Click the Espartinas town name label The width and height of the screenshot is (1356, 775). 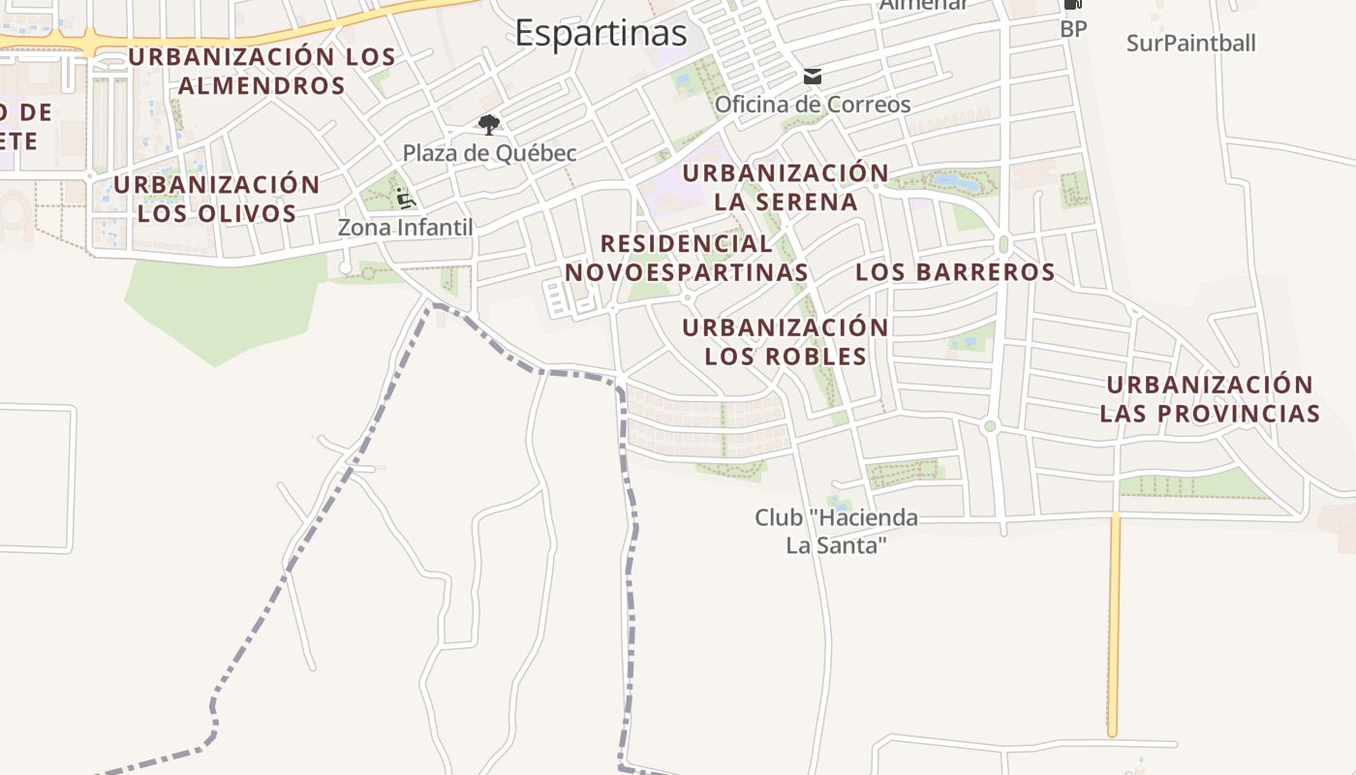click(601, 33)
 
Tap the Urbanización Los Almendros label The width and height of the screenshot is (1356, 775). click(262, 71)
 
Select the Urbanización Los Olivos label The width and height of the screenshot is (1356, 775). click(217, 199)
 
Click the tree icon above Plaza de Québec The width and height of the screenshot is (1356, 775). click(489, 124)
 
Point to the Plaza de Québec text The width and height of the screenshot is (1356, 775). click(489, 153)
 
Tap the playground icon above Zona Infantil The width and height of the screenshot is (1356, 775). click(405, 199)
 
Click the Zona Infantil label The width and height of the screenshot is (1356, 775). click(405, 228)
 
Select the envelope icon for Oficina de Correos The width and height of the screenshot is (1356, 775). click(812, 76)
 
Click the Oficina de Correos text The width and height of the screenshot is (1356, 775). click(813, 104)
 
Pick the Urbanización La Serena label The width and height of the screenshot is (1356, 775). click(786, 187)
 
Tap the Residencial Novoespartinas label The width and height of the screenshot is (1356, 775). click(687, 258)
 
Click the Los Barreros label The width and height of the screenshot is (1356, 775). click(955, 272)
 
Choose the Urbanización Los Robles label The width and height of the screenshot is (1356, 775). click(786, 342)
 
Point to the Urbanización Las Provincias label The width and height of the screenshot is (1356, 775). click(1210, 399)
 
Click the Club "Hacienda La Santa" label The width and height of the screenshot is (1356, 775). click(837, 532)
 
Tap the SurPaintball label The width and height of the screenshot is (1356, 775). click(1191, 43)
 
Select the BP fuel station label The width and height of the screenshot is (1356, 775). click(1073, 29)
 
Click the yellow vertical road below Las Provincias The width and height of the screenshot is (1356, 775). click(1114, 630)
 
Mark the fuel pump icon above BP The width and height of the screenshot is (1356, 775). click(1072, 5)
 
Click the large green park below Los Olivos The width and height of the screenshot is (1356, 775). click(223, 305)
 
